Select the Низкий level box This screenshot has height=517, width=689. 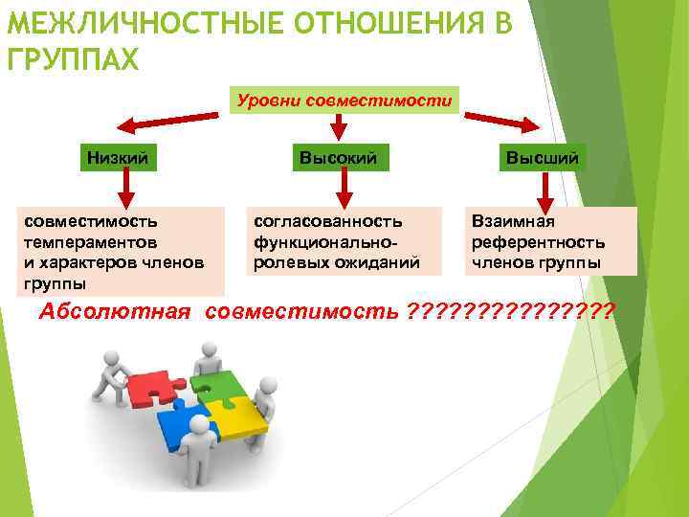pyautogui.click(x=118, y=157)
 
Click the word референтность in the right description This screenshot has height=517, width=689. pyautogui.click(x=538, y=242)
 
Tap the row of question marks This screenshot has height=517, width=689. pyautogui.click(x=511, y=312)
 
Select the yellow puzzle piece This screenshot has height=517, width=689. pyautogui.click(x=240, y=414)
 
